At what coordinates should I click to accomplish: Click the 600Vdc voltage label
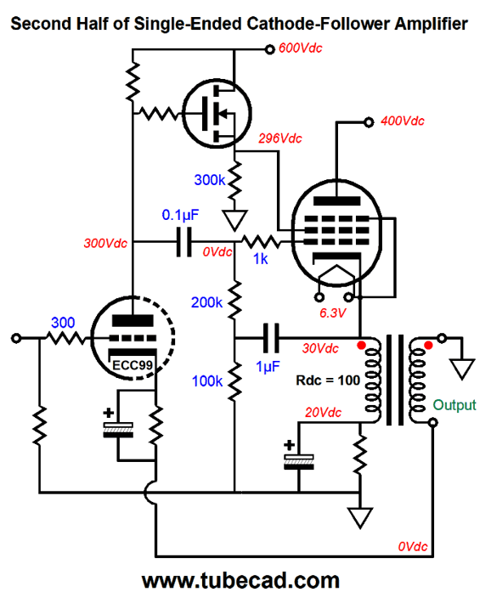pyautogui.click(x=300, y=48)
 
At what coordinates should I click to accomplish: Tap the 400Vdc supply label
pyautogui.click(x=402, y=121)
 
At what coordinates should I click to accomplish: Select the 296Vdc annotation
pyautogui.click(x=280, y=138)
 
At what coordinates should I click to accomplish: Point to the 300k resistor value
pyautogui.click(x=210, y=180)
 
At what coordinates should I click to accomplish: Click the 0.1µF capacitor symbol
pyautogui.click(x=184, y=242)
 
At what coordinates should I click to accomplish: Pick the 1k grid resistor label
pyautogui.click(x=261, y=259)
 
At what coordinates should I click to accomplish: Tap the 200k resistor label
pyautogui.click(x=206, y=302)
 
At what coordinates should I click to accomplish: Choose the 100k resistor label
pyautogui.click(x=207, y=381)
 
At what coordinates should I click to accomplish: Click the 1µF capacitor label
pyautogui.click(x=268, y=367)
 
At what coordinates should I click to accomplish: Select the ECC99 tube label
pyautogui.click(x=133, y=365)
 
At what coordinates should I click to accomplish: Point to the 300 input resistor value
pyautogui.click(x=63, y=323)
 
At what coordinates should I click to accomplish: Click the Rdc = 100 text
pyautogui.click(x=328, y=380)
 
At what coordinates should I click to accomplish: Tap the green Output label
pyautogui.click(x=454, y=405)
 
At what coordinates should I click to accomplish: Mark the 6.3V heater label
pyautogui.click(x=333, y=313)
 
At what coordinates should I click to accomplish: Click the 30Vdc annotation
pyautogui.click(x=320, y=348)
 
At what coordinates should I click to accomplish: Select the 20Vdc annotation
pyautogui.click(x=324, y=413)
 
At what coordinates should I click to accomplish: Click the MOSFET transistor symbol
pyautogui.click(x=217, y=114)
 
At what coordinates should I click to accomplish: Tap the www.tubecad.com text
pyautogui.click(x=240, y=581)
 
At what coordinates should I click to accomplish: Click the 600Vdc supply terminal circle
pyautogui.click(x=270, y=49)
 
